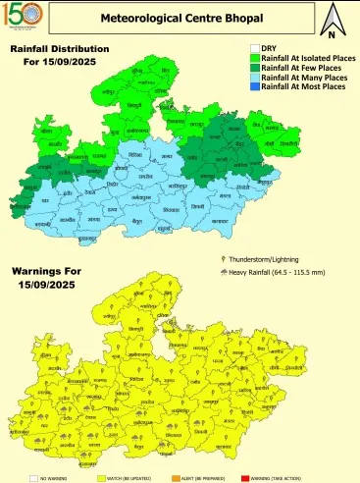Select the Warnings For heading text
(53, 268)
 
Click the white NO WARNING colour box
(33, 477)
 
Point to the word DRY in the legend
(270, 48)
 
